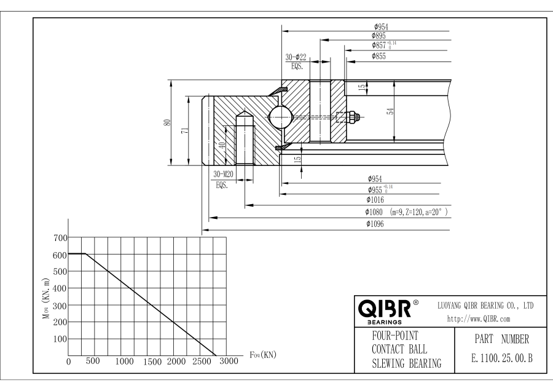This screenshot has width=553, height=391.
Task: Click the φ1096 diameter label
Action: point(375,224)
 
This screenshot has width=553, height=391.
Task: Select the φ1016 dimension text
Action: point(375,200)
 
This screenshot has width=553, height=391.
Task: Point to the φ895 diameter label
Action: point(378,36)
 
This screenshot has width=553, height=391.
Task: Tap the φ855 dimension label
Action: point(378,56)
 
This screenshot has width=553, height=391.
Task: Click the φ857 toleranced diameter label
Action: point(383,45)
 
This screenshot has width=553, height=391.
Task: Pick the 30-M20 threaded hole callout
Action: point(223,174)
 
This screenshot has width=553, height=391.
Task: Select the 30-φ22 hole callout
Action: point(296,57)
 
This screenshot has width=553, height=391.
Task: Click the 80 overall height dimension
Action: point(167,122)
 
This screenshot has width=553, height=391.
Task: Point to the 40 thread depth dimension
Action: point(222,145)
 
